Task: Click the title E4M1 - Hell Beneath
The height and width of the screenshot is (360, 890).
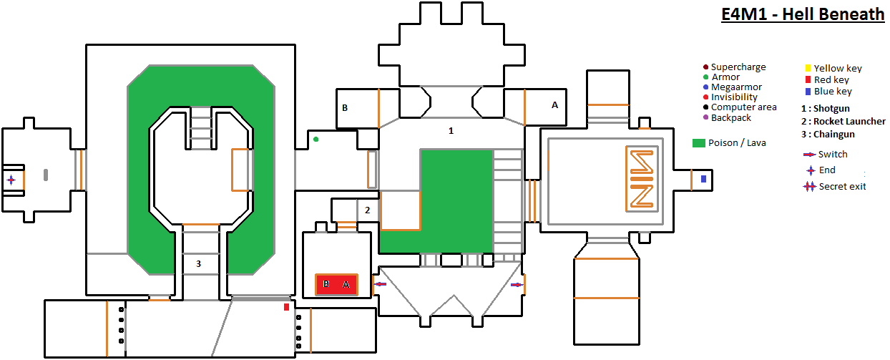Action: pyautogui.click(x=803, y=14)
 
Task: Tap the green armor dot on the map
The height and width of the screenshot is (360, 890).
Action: pyautogui.click(x=316, y=139)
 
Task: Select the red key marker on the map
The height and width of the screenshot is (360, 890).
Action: pyautogui.click(x=286, y=307)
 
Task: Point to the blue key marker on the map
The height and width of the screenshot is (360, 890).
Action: pyautogui.click(x=703, y=178)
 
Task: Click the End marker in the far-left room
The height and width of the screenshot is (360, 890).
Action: pyautogui.click(x=11, y=180)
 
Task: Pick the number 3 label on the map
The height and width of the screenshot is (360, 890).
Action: pyautogui.click(x=198, y=264)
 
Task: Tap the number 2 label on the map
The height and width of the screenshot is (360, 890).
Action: pyautogui.click(x=367, y=210)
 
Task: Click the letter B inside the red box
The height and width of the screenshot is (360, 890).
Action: pyautogui.click(x=326, y=284)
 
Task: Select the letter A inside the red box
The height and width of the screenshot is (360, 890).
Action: pyautogui.click(x=346, y=284)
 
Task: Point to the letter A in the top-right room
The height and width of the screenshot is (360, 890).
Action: pyautogui.click(x=554, y=104)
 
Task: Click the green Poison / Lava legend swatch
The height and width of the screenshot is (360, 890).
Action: pyautogui.click(x=698, y=143)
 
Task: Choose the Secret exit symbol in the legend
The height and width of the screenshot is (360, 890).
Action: pyautogui.click(x=809, y=187)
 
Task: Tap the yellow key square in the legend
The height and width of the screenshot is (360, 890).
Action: pyautogui.click(x=808, y=69)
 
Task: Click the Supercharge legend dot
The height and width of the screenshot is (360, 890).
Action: pyautogui.click(x=705, y=67)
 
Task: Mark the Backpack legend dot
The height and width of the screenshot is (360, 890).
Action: pyautogui.click(x=705, y=117)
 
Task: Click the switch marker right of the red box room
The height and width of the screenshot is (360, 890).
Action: pyautogui.click(x=381, y=284)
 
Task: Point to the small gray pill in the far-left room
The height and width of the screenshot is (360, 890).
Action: pyautogui.click(x=46, y=174)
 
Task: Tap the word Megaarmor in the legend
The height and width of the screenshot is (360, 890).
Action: pyautogui.click(x=736, y=87)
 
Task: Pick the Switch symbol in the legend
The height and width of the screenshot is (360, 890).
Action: pyautogui.click(x=809, y=155)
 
